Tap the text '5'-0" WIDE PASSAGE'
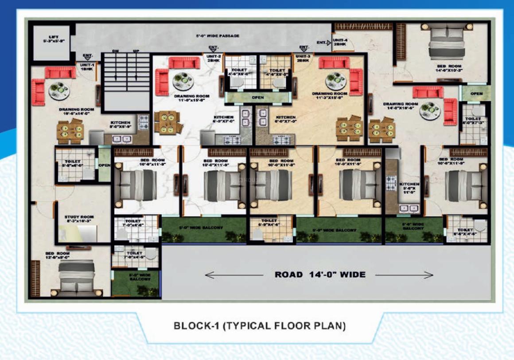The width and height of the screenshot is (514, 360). coord(218,35)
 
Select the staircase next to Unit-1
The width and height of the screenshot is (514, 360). coord(126,82)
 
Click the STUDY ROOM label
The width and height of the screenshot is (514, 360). coord(79,217)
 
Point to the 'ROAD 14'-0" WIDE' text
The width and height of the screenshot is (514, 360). coord(320,275)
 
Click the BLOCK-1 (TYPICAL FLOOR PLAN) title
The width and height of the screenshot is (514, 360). coord(259,326)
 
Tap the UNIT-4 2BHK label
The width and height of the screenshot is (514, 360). coord(340,43)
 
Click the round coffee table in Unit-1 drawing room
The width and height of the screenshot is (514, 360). coord(59,89)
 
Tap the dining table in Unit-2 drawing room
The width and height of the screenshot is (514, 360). coord(167,122)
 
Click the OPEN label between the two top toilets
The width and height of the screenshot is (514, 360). coord(258,97)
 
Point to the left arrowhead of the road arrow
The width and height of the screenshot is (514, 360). coord(207,275)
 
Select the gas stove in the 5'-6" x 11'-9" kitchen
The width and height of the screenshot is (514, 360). coord(391,181)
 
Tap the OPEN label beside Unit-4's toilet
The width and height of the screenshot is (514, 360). coord(476,94)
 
